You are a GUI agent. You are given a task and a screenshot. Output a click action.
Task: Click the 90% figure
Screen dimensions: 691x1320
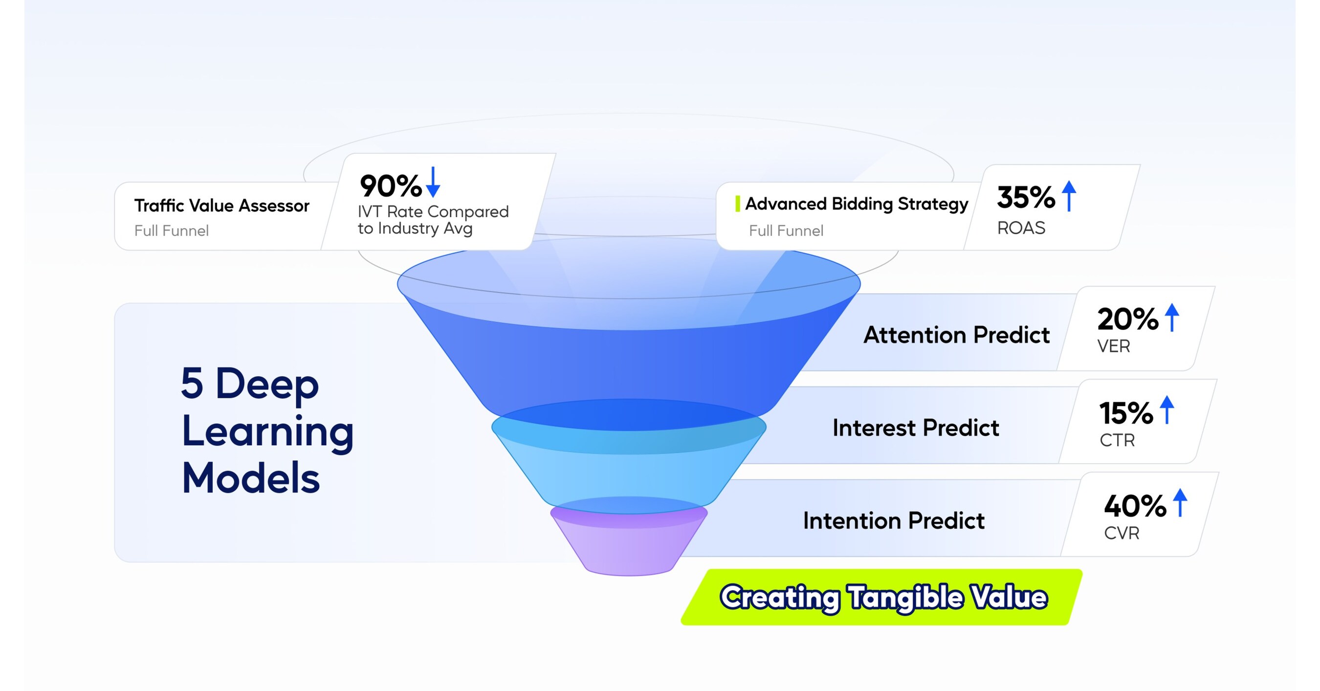(391, 186)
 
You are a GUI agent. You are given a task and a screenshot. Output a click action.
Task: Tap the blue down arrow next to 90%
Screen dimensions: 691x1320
(433, 182)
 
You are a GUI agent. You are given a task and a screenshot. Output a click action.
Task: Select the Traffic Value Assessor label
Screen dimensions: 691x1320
(221, 205)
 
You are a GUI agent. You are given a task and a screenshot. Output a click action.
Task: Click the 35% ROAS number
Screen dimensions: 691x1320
(1025, 197)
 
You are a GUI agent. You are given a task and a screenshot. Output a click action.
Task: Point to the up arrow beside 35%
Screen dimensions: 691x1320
(1069, 195)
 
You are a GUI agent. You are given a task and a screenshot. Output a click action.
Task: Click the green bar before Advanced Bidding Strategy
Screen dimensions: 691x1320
(737, 203)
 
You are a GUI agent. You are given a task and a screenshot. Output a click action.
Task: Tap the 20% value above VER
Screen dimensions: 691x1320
(1127, 319)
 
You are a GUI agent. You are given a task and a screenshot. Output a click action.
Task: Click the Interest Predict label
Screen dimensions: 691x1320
(916, 428)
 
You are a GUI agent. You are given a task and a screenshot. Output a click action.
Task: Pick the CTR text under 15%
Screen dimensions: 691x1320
(1117, 440)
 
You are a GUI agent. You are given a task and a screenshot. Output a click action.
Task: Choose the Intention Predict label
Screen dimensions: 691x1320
(894, 520)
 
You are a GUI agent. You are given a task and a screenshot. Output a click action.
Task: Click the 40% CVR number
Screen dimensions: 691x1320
(1135, 506)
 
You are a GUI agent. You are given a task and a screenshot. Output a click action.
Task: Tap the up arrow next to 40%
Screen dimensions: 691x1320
(1180, 502)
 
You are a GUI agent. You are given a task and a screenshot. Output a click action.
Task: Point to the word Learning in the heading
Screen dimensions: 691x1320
(267, 432)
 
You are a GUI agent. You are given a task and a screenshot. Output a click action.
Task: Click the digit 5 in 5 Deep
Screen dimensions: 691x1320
(192, 383)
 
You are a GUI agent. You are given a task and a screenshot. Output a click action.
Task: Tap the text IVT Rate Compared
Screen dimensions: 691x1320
(433, 211)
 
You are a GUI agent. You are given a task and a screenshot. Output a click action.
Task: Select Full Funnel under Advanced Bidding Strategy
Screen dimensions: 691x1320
(786, 231)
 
